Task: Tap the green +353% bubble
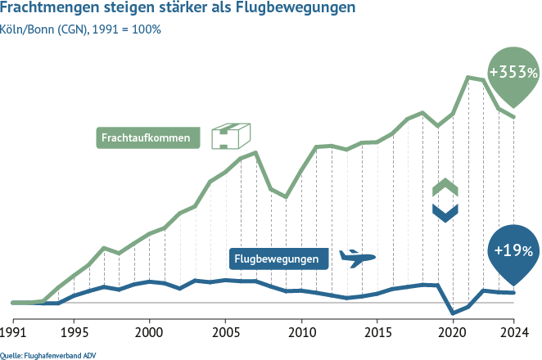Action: click(x=513, y=73)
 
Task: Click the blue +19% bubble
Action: click(x=513, y=250)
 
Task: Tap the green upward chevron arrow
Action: click(x=445, y=187)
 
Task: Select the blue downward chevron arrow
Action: click(x=445, y=213)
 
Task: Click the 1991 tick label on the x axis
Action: click(x=13, y=333)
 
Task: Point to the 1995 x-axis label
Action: click(x=74, y=333)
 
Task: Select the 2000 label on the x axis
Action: click(x=149, y=333)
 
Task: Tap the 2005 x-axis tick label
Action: click(x=225, y=333)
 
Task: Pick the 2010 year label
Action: click(x=301, y=333)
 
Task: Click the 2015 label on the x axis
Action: click(x=377, y=333)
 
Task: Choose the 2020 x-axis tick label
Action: click(x=453, y=333)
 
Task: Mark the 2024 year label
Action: click(x=513, y=333)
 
